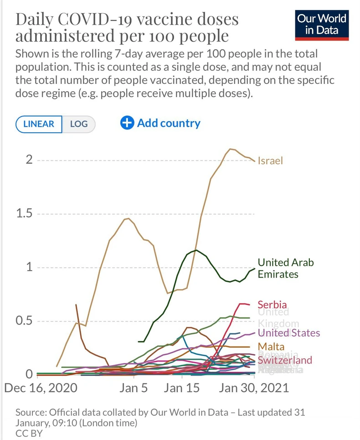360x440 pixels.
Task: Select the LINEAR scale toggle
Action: (x=39, y=124)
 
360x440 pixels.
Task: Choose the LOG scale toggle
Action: (x=78, y=124)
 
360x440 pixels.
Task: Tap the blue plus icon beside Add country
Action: (x=127, y=123)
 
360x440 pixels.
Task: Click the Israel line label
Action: (x=270, y=160)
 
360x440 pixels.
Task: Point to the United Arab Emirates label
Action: (x=286, y=268)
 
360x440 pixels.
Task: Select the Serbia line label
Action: (x=272, y=305)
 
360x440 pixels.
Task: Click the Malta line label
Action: (x=271, y=347)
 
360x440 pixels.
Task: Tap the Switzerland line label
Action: (x=285, y=360)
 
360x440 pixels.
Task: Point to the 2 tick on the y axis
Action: (x=29, y=160)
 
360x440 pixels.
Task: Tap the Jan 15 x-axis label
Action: (x=182, y=388)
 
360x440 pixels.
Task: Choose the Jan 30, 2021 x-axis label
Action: (x=254, y=388)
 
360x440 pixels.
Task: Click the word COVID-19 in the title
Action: (x=97, y=20)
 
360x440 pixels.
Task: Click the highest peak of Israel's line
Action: (x=231, y=149)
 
